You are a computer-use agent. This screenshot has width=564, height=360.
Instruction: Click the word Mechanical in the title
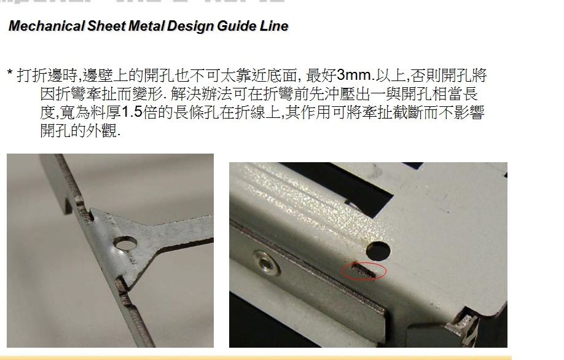(47, 26)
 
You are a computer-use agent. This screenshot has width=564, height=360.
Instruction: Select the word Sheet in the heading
(106, 26)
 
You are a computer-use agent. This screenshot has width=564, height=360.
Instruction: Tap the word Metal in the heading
(146, 26)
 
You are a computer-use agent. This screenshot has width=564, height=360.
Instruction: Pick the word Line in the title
(274, 26)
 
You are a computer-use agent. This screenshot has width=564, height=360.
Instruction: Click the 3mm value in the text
(354, 75)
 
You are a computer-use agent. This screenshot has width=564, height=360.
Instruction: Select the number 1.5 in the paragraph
(132, 112)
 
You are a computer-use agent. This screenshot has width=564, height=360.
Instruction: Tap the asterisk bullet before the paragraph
(10, 73)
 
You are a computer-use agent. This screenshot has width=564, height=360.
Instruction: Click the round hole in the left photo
(125, 244)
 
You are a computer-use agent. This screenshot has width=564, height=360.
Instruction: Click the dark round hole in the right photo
(378, 251)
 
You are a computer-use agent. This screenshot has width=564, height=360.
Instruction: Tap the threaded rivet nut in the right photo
(266, 262)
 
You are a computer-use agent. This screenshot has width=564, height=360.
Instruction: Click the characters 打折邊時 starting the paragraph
(47, 76)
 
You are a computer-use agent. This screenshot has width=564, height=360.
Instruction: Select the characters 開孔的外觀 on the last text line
(79, 131)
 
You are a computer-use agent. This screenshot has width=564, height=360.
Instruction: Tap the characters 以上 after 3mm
(390, 76)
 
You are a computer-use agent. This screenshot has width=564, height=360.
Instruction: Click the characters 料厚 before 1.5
(106, 112)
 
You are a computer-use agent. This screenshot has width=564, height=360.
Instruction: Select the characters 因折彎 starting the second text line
(63, 94)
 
